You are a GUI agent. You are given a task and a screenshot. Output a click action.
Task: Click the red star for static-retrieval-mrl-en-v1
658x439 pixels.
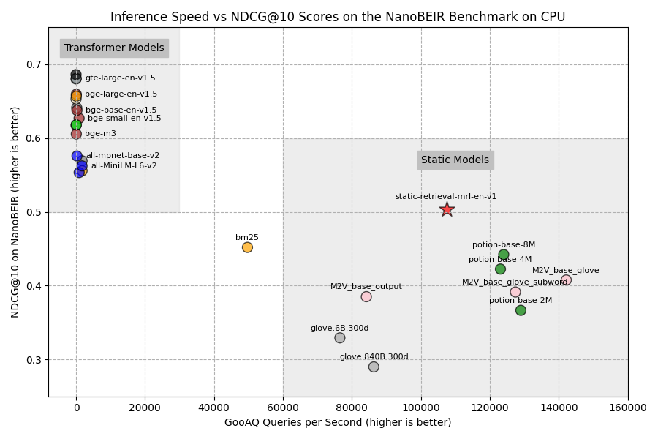tap(447, 209)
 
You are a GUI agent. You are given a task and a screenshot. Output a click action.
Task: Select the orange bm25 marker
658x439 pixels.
tap(247, 247)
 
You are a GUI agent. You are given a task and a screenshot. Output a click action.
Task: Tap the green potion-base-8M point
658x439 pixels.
tap(504, 255)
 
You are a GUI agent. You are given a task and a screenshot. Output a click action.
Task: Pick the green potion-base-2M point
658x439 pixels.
tap(521, 310)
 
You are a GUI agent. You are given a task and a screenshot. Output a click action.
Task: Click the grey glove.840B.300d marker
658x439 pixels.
tap(374, 367)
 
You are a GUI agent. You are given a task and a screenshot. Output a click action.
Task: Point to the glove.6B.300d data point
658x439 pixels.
tap(340, 338)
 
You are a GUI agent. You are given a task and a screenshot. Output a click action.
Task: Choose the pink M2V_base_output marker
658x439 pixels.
tap(366, 296)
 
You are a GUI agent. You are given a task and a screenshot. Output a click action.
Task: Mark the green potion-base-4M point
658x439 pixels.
tap(500, 269)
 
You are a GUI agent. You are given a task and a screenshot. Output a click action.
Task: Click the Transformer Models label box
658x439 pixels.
tap(114, 48)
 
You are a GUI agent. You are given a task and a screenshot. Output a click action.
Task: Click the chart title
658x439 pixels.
tap(337, 17)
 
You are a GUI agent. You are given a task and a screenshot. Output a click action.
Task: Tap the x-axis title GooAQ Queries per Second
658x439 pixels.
tap(338, 423)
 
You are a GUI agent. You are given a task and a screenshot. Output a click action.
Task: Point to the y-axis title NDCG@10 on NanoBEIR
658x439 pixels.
tap(15, 211)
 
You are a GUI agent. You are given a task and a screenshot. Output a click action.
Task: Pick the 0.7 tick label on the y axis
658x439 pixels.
tap(34, 64)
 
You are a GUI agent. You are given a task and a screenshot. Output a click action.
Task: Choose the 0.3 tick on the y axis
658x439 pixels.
tap(34, 360)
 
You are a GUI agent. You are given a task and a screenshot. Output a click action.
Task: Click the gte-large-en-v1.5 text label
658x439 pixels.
tap(120, 78)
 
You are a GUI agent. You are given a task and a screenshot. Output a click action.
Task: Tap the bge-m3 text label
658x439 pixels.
tap(100, 134)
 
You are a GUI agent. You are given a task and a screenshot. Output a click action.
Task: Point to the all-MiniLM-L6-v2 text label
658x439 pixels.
tap(124, 166)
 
